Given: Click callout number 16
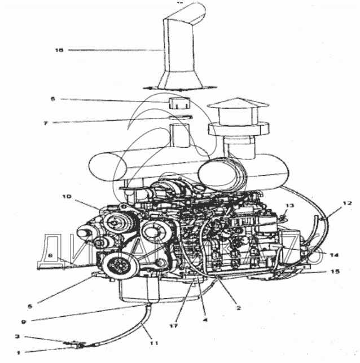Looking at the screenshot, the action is pyautogui.click(x=58, y=50).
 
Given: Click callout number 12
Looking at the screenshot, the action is pyautogui.click(x=349, y=202).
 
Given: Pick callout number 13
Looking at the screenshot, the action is pyautogui.click(x=289, y=206).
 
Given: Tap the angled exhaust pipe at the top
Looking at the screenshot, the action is pyautogui.click(x=179, y=45).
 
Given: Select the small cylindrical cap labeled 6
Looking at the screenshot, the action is pyautogui.click(x=178, y=104).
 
